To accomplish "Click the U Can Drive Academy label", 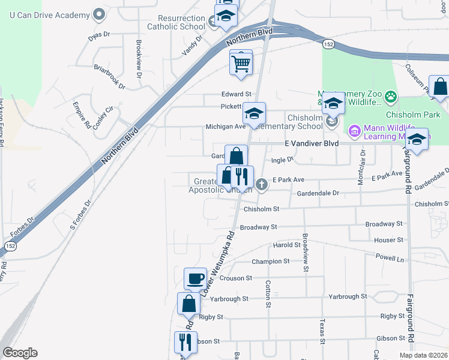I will tap(47, 14).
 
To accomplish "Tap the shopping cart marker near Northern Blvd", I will tap(241, 62).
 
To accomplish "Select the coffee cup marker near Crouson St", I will tap(195, 279).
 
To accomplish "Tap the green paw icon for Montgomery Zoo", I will tap(391, 96).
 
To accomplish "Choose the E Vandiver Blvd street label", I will tap(312, 144).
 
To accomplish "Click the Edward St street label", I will tap(236, 94).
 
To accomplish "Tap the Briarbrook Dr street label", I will tap(109, 77).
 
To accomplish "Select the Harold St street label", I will tap(286, 245).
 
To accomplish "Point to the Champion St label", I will tap(270, 262).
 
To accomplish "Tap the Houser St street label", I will tap(388, 240).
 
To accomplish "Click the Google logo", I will tap(20, 353).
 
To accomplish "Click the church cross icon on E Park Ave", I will tap(261, 184).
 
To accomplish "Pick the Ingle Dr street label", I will tap(282, 160).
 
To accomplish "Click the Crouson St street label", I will tap(236, 278).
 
